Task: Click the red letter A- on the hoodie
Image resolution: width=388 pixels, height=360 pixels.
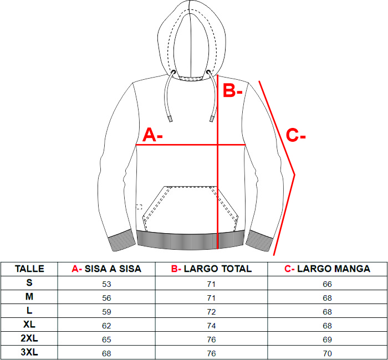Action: pyautogui.click(x=152, y=135)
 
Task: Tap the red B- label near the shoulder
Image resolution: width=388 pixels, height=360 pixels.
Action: pyautogui.click(x=232, y=90)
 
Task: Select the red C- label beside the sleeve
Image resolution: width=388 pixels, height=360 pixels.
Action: pyautogui.click(x=295, y=135)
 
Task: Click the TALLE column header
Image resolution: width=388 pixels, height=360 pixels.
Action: pyautogui.click(x=29, y=269)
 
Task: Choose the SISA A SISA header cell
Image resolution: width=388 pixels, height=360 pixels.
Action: pyautogui.click(x=106, y=269)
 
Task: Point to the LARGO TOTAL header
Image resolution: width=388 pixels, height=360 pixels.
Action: pyautogui.click(x=211, y=269)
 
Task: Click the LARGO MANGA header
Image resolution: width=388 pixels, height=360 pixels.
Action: pyautogui.click(x=327, y=269)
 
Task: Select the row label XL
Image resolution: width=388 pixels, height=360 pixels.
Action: pyautogui.click(x=29, y=324)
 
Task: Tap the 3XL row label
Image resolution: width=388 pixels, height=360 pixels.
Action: pyautogui.click(x=29, y=352)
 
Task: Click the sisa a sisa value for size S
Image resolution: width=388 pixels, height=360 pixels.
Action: pyautogui.click(x=106, y=284)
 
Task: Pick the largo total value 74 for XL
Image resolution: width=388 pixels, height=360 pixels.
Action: pyautogui.click(x=211, y=326)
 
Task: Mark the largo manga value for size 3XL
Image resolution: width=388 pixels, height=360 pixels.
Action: pyautogui.click(x=327, y=353)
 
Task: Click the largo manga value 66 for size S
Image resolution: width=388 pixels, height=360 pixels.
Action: pyautogui.click(x=327, y=284)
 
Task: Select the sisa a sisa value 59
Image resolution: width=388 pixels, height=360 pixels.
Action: pyautogui.click(x=106, y=312)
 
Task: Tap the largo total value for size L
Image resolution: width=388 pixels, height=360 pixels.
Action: pyautogui.click(x=211, y=312)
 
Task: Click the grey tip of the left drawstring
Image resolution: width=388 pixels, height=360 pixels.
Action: pyautogui.click(x=170, y=119)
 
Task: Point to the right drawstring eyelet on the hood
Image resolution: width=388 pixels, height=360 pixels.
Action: pyautogui.click(x=208, y=72)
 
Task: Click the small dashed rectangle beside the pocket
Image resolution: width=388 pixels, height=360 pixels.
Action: pyautogui.click(x=139, y=207)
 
